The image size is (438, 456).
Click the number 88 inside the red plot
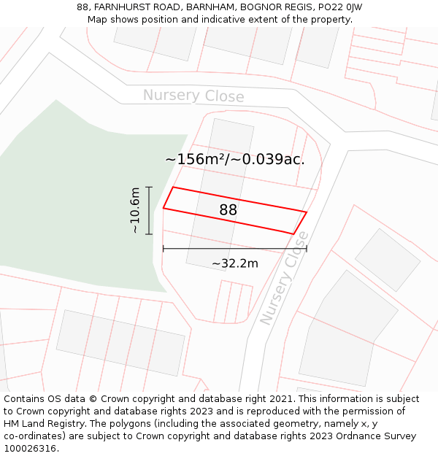point(228,210)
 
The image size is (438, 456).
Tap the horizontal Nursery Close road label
point(193,96)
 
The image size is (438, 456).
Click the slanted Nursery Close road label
point(285,278)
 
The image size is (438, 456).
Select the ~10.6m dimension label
point(135,211)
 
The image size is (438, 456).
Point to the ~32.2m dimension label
point(235,263)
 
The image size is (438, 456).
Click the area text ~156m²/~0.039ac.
point(234,159)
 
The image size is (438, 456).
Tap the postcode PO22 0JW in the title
point(339,7)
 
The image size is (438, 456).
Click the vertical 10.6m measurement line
point(149,211)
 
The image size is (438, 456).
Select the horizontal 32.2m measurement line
point(234,249)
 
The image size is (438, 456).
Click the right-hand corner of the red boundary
point(307,212)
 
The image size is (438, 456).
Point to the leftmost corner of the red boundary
point(164,209)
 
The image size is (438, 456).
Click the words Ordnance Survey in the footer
point(380,436)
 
